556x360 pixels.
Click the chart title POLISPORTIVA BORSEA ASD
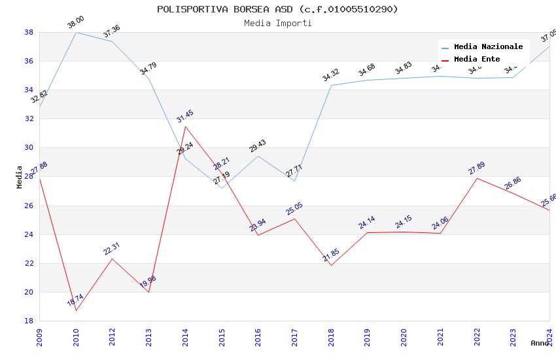pyautogui.click(x=277, y=9)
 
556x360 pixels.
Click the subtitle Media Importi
pyautogui.click(x=277, y=23)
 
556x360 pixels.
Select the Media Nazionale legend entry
pyautogui.click(x=488, y=47)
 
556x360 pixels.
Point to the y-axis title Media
pyautogui.click(x=20, y=177)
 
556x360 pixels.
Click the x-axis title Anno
pyautogui.click(x=540, y=343)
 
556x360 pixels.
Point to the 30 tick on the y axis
pyautogui.click(x=29, y=148)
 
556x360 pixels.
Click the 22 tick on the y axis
pyautogui.click(x=29, y=263)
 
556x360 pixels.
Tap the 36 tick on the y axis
pyautogui.click(x=29, y=62)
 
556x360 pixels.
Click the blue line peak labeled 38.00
pyautogui.click(x=76, y=32)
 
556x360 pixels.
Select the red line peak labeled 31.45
pyautogui.click(x=185, y=126)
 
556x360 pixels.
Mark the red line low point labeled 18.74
pyautogui.click(x=76, y=310)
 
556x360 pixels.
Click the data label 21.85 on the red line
pyautogui.click(x=331, y=255)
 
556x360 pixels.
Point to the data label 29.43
pyautogui.click(x=258, y=146)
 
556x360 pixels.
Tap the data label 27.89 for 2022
pyautogui.click(x=477, y=169)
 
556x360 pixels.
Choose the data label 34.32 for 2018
pyautogui.click(x=331, y=75)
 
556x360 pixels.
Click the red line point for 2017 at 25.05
pyautogui.click(x=294, y=219)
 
